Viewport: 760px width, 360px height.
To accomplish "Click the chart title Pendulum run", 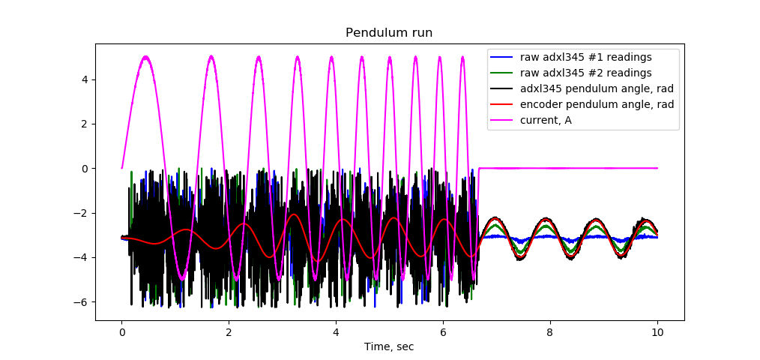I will [x=388, y=33].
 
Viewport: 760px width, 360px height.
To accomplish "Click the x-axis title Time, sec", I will [x=388, y=346].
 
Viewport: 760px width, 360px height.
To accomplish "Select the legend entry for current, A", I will [x=552, y=119].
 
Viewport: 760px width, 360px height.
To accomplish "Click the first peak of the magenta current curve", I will [x=146, y=56].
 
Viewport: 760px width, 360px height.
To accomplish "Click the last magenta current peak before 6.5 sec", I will [x=462, y=57].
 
